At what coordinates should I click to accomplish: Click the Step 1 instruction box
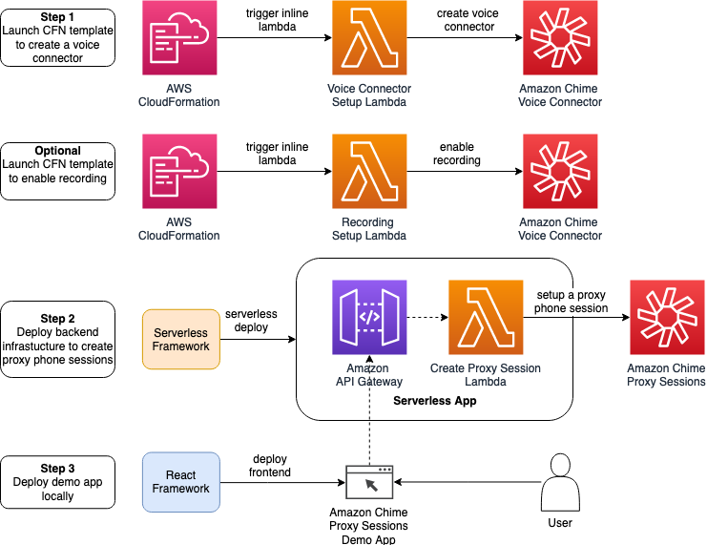(x=57, y=37)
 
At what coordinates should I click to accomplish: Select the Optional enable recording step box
(x=57, y=171)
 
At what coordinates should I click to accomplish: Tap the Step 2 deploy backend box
(x=57, y=339)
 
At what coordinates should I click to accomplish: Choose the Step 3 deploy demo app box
(x=57, y=482)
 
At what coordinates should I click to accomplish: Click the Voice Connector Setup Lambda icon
(x=369, y=38)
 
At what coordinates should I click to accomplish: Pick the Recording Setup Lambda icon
(x=369, y=172)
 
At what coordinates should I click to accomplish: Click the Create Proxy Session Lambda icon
(x=486, y=317)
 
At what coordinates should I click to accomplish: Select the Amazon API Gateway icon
(x=369, y=317)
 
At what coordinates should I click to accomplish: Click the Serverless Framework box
(x=181, y=339)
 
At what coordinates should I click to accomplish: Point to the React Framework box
(x=181, y=482)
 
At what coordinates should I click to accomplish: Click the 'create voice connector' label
(x=468, y=20)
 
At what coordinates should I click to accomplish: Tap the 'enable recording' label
(x=456, y=155)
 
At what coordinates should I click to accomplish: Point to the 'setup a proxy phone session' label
(x=571, y=302)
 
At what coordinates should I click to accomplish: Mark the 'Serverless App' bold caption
(x=434, y=401)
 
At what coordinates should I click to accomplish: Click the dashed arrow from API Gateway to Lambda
(x=427, y=317)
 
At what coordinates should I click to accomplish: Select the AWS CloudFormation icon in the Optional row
(x=178, y=172)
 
